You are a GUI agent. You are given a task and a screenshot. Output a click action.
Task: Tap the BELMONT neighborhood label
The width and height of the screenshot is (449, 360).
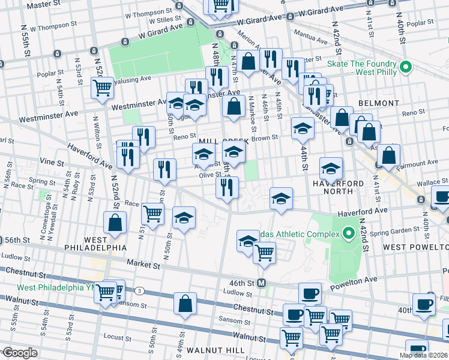click(x=378, y=103)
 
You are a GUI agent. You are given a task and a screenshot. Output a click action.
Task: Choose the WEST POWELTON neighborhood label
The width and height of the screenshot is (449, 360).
click(x=415, y=247)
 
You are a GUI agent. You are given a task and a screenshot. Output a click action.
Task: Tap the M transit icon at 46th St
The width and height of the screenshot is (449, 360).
click(x=261, y=283)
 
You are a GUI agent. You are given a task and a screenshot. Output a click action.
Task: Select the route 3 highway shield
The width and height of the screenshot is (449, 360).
click(x=139, y=291)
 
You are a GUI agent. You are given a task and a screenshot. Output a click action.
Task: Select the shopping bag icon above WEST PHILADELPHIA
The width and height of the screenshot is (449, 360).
click(x=115, y=223)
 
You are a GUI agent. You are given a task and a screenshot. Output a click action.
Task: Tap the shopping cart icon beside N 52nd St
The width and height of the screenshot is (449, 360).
click(x=102, y=88)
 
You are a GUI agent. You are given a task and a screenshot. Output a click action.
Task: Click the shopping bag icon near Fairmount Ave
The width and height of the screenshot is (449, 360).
click(x=390, y=155)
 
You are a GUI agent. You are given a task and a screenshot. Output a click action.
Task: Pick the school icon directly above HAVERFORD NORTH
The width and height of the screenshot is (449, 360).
click(x=331, y=168)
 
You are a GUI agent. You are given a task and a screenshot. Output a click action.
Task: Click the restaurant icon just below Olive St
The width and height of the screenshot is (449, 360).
click(x=227, y=188)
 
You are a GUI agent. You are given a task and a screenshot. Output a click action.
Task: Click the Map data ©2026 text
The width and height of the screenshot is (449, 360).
click(x=423, y=355)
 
